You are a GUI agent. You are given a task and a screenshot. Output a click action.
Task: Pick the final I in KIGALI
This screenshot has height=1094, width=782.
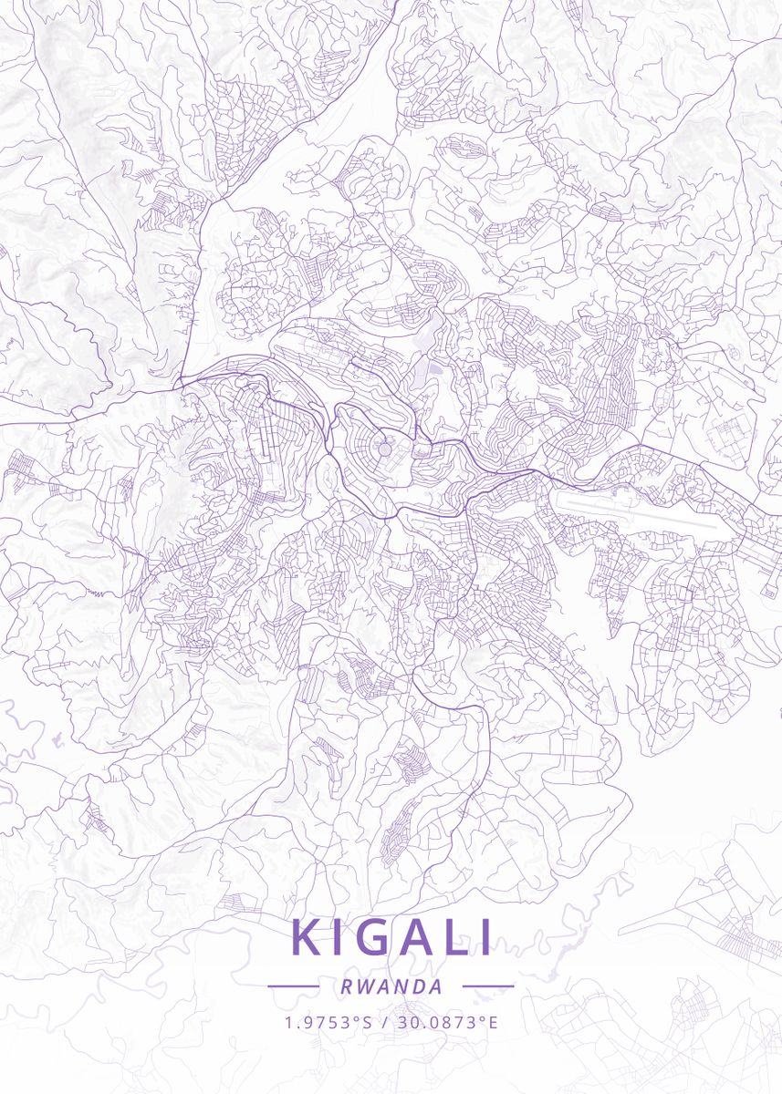tap(486, 938)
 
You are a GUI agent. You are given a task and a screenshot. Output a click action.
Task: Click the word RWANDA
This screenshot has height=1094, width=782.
tap(391, 986)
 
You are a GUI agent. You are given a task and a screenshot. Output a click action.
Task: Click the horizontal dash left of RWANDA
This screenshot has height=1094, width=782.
tap(293, 986)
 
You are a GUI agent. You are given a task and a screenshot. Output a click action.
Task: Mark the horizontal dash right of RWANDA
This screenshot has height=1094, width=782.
tap(488, 986)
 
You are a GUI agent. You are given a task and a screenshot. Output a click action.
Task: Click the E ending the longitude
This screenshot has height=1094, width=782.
tap(494, 1022)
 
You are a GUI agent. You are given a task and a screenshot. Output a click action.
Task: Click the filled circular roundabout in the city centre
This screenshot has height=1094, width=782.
tap(384, 449)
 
